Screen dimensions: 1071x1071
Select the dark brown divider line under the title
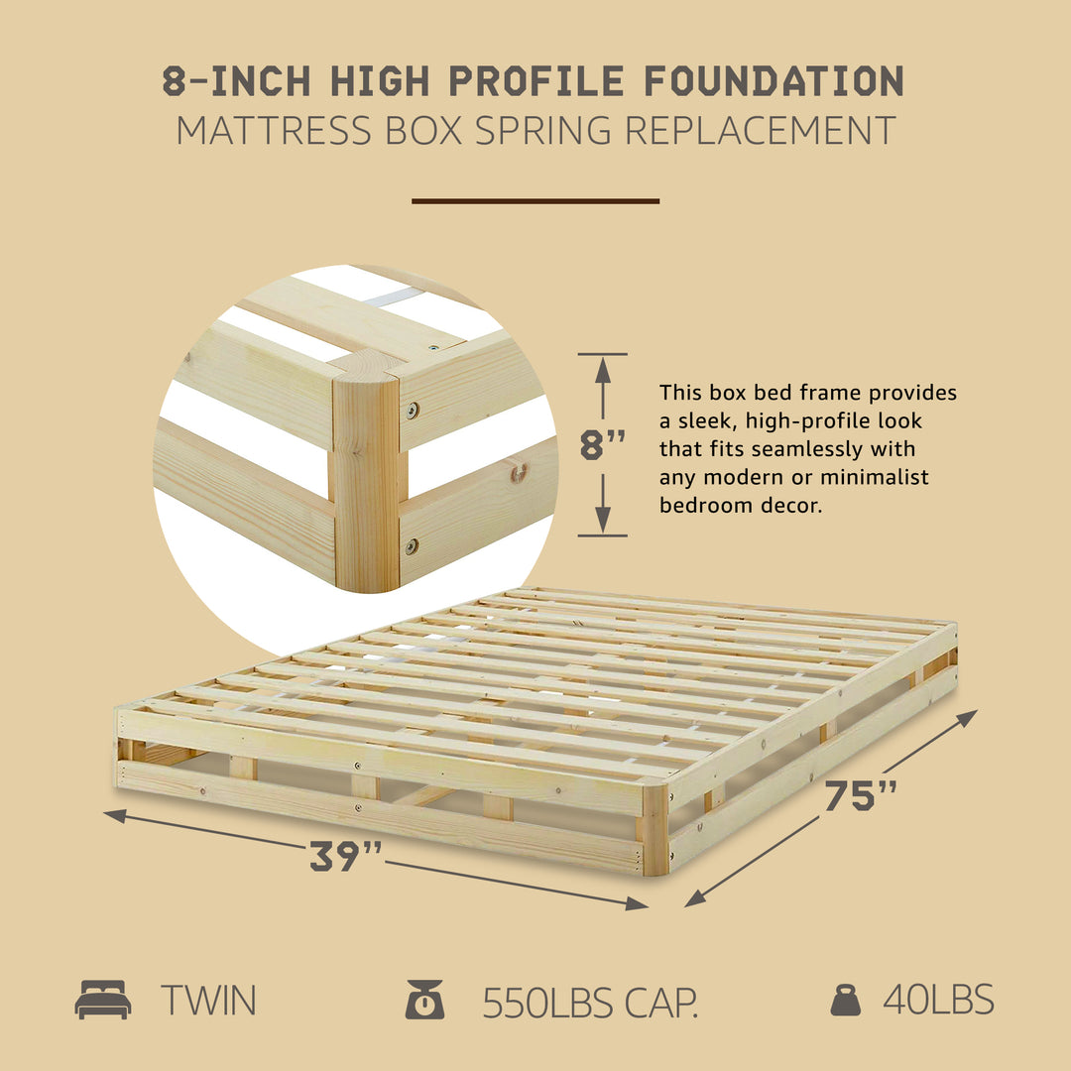[535, 201]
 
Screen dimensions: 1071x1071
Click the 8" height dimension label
[603, 445]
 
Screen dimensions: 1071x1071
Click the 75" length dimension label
[861, 795]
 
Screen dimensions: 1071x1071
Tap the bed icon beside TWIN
[103, 1000]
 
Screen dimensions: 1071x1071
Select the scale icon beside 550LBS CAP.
[424, 1000]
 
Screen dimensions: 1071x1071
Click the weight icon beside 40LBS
[845, 1000]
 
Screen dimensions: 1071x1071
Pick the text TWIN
[209, 1001]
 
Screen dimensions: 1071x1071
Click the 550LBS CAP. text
[591, 1003]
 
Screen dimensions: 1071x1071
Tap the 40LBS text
[938, 1001]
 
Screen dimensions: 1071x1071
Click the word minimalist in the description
[881, 477]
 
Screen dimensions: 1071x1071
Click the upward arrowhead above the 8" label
[603, 369]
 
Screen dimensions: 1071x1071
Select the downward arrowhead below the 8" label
[603, 520]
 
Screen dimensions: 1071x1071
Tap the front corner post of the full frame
[654, 829]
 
